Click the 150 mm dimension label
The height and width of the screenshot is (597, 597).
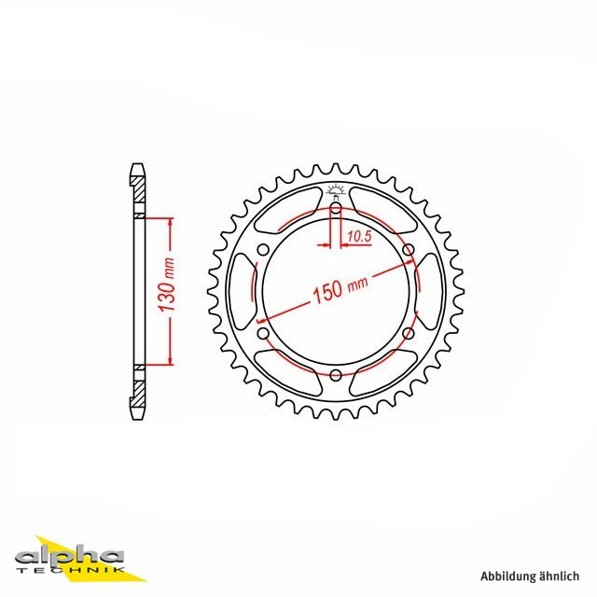(340, 289)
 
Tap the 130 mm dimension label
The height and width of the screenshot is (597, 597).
(167, 285)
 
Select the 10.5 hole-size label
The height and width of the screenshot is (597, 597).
(359, 237)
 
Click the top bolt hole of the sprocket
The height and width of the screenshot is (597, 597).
(336, 208)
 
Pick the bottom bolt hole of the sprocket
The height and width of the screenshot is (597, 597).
(336, 375)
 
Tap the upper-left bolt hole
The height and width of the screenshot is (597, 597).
(263, 250)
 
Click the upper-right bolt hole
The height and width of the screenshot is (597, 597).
(409, 250)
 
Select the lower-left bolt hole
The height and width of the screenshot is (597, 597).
(263, 334)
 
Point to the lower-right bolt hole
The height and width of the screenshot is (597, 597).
(409, 334)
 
